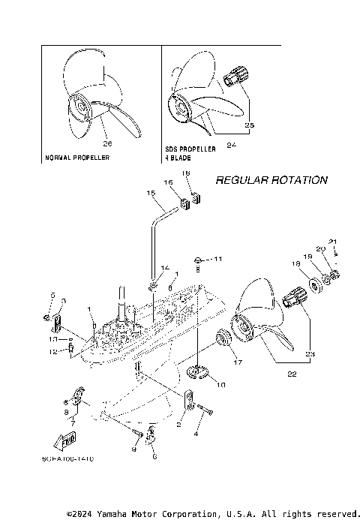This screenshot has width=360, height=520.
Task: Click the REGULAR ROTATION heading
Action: click(x=271, y=180)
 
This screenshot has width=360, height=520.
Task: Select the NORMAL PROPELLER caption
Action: click(x=77, y=158)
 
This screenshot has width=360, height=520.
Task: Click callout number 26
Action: click(x=107, y=143)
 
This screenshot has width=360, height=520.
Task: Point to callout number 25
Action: click(x=250, y=126)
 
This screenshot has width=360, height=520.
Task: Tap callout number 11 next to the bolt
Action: click(x=218, y=259)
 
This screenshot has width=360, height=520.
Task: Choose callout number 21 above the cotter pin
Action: click(x=334, y=242)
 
